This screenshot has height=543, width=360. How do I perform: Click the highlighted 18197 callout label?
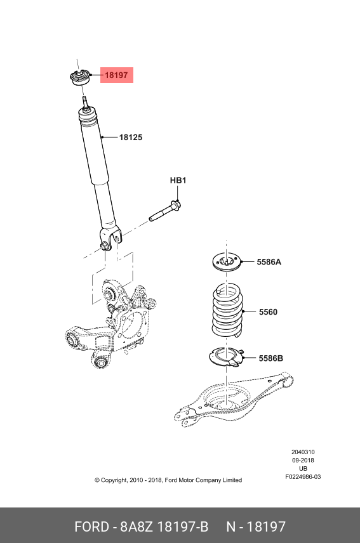(116, 75)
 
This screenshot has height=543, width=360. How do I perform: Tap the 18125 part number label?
(131, 138)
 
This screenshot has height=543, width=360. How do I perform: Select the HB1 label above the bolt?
(178, 180)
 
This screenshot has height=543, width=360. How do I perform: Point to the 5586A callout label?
(269, 262)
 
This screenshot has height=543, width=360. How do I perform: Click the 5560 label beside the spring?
(268, 312)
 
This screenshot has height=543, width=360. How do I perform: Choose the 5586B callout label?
(270, 358)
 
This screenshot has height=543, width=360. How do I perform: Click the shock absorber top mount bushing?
(81, 77)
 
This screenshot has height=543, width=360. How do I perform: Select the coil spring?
(227, 310)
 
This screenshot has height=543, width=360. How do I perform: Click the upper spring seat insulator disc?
(226, 263)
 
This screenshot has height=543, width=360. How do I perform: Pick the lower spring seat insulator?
(227, 357)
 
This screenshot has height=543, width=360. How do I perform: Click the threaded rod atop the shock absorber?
(85, 103)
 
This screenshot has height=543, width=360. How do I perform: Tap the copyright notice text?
(168, 480)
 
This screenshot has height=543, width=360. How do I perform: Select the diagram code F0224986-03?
(303, 477)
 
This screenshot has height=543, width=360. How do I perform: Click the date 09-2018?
(303, 461)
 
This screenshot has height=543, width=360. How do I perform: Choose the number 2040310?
(303, 452)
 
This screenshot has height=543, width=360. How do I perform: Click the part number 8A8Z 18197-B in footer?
(164, 527)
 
